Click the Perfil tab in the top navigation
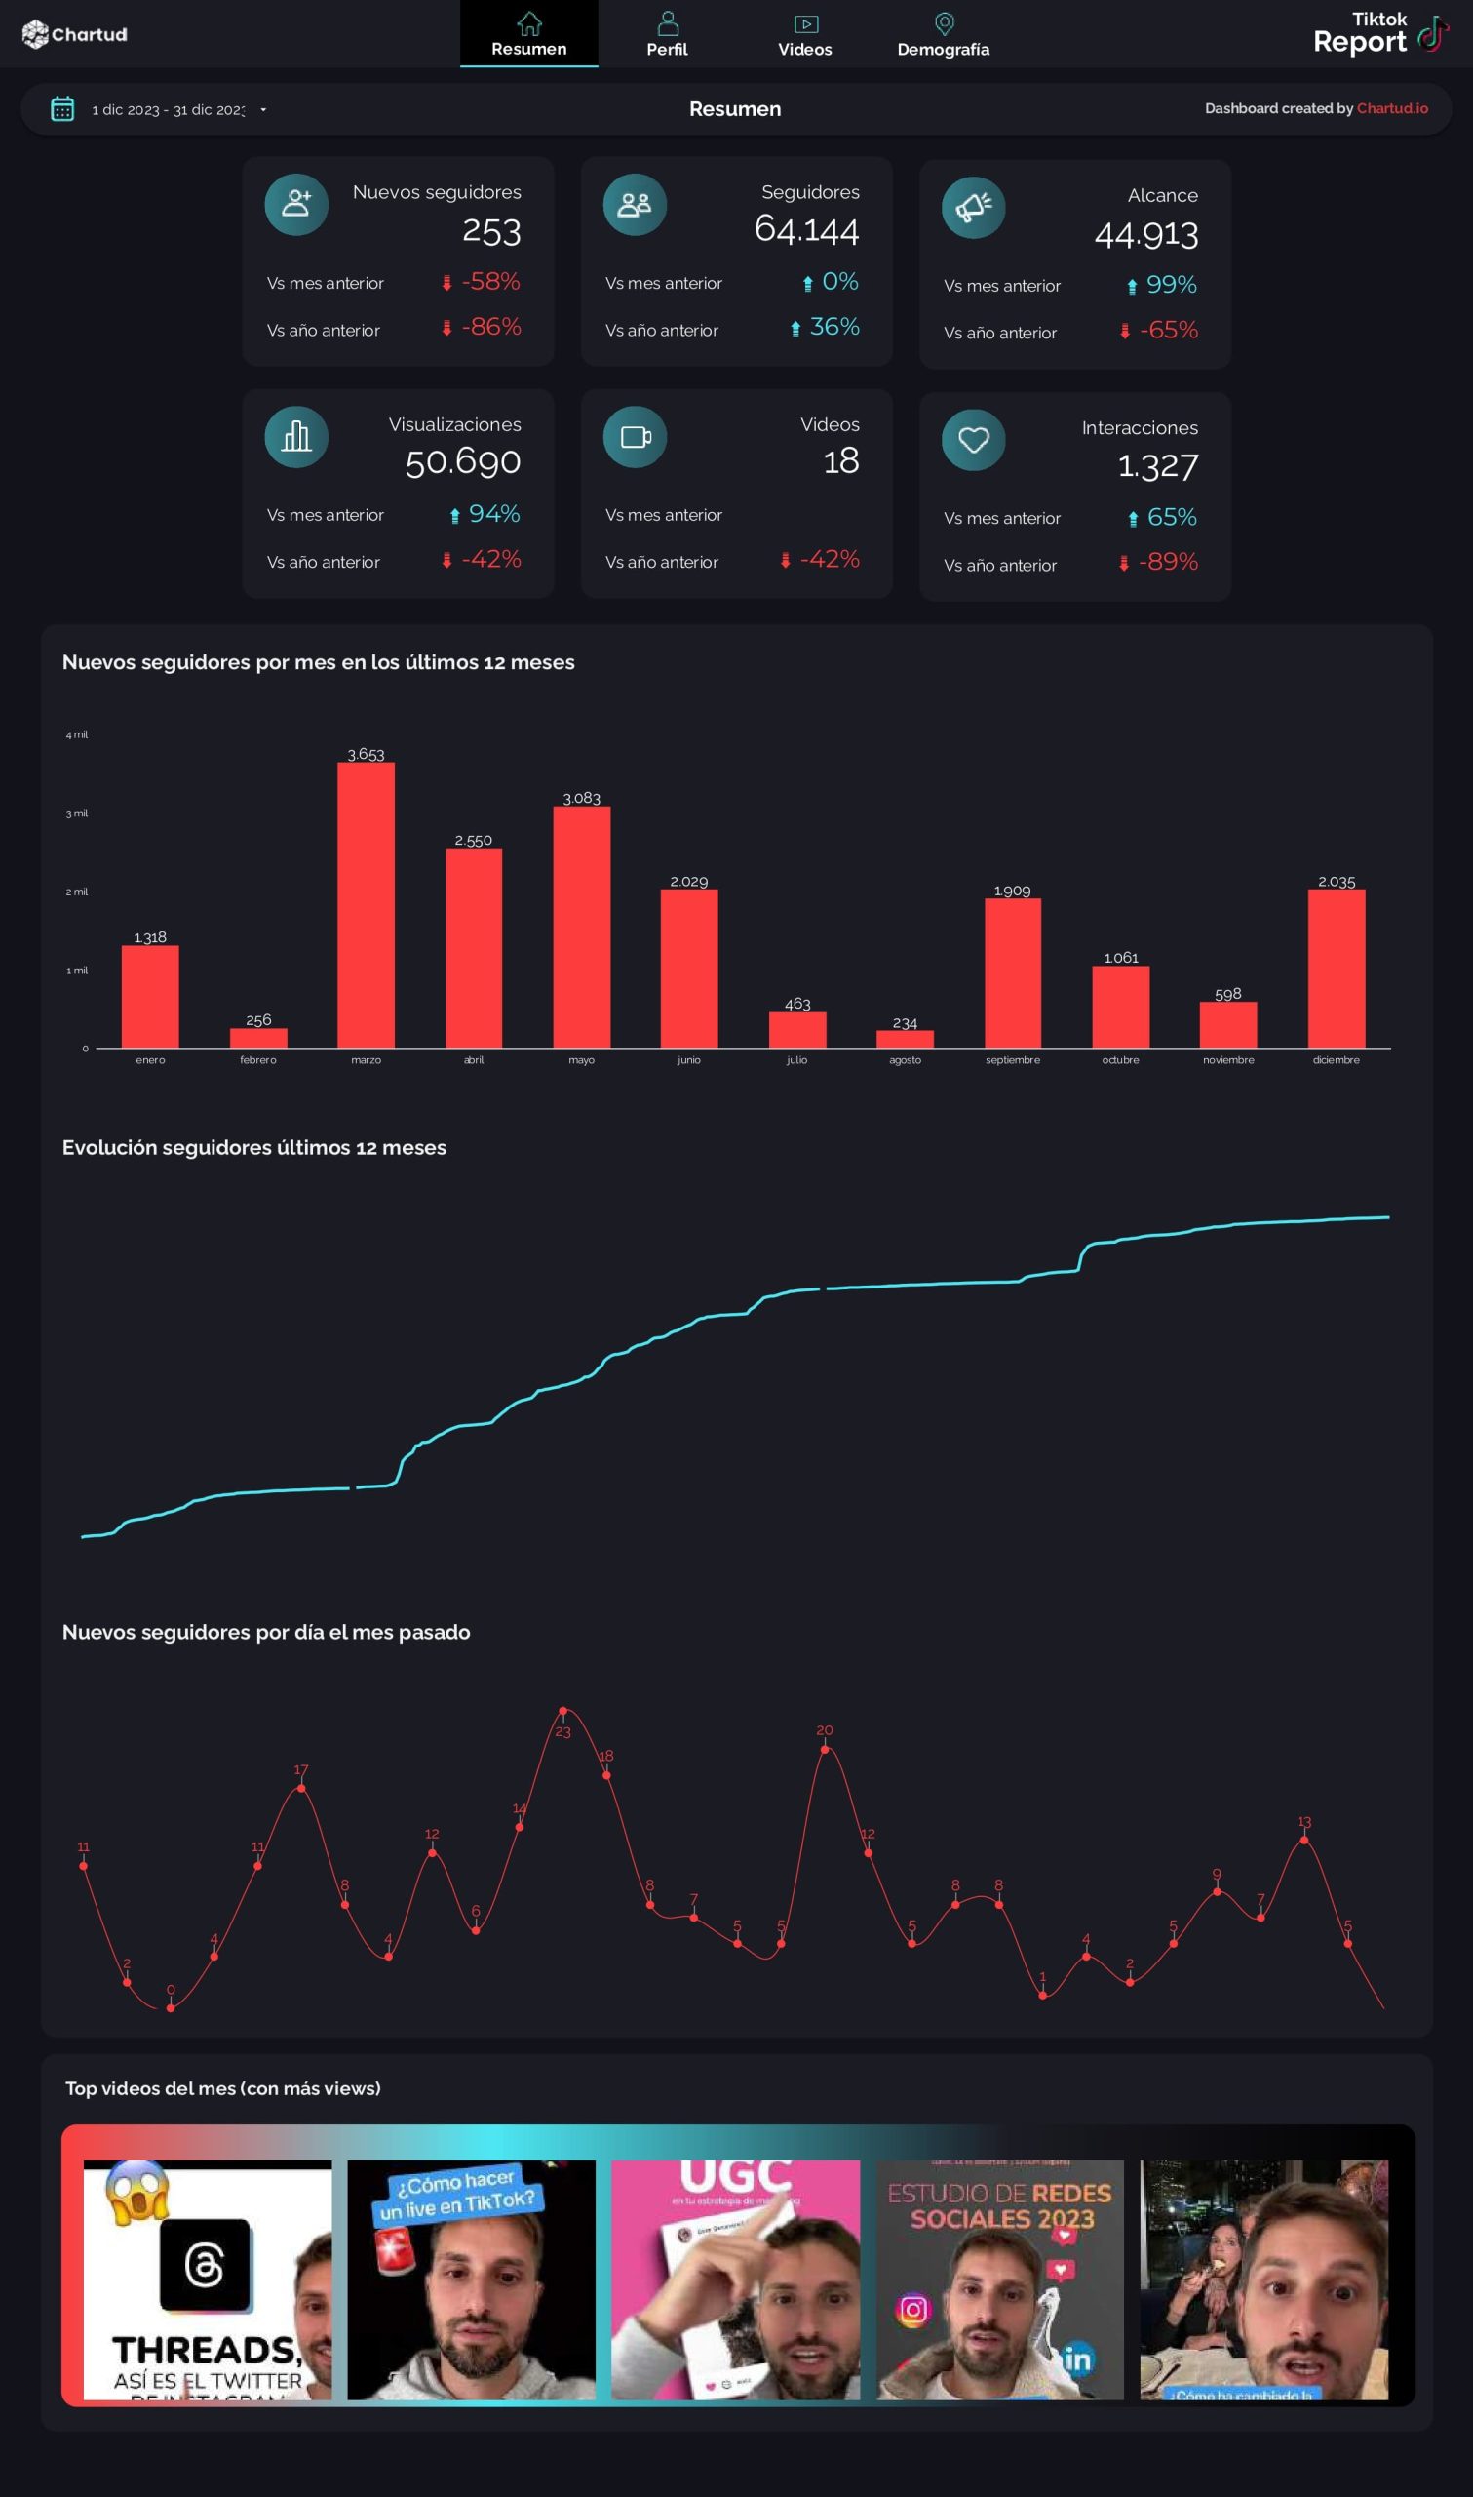(x=667, y=35)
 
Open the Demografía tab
(x=943, y=35)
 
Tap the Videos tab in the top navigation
(x=805, y=35)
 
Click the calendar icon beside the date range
(x=62, y=109)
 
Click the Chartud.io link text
(x=1392, y=108)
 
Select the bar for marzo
(x=367, y=903)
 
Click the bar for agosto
(x=905, y=1039)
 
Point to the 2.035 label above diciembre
(x=1336, y=882)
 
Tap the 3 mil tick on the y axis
(x=76, y=813)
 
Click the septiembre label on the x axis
(x=1013, y=1060)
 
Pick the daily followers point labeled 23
(x=562, y=1711)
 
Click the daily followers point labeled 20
(x=824, y=1750)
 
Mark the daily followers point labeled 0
(x=171, y=2008)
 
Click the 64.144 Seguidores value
(x=806, y=229)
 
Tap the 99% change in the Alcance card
(x=1170, y=285)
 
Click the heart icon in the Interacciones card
(x=973, y=440)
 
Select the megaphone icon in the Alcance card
(x=973, y=208)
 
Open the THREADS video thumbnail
(x=208, y=2279)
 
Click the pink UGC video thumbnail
(x=734, y=2279)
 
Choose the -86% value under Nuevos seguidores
(x=490, y=327)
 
